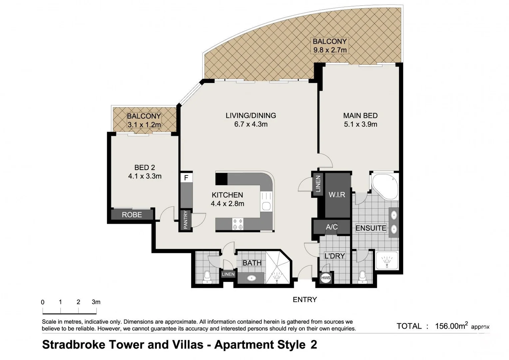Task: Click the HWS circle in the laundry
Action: pyautogui.click(x=325, y=278)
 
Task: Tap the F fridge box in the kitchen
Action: pyautogui.click(x=186, y=177)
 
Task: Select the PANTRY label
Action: pyautogui.click(x=186, y=220)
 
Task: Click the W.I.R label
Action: pyautogui.click(x=337, y=195)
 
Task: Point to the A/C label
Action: pyautogui.click(x=332, y=227)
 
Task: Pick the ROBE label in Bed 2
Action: pyautogui.click(x=132, y=215)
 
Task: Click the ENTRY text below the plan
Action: pyautogui.click(x=305, y=300)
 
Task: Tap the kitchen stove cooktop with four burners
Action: pyautogui.click(x=238, y=224)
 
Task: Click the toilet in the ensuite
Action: pyautogui.click(x=362, y=277)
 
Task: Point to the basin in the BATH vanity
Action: pyautogui.click(x=251, y=278)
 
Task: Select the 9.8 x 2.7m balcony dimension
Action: pyautogui.click(x=330, y=50)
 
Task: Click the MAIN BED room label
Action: pyautogui.click(x=360, y=116)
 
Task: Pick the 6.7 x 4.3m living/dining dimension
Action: pyautogui.click(x=251, y=124)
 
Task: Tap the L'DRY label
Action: pyautogui.click(x=335, y=256)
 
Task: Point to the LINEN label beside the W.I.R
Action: pyautogui.click(x=318, y=184)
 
